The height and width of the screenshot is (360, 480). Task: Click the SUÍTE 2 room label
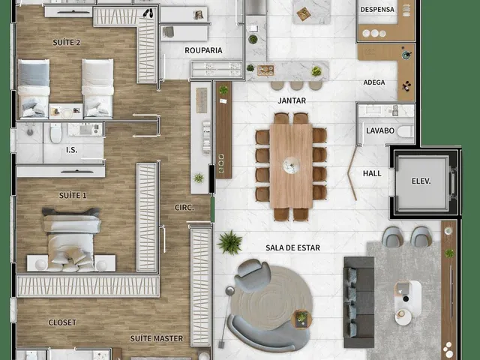pos(67,42)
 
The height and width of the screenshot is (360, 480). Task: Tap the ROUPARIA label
pos(203,50)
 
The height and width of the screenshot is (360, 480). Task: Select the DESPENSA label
pos(377,10)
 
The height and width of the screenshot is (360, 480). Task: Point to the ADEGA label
pos(374,82)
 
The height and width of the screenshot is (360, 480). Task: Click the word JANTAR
pos(292,100)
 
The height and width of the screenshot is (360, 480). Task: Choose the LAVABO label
pos(380,130)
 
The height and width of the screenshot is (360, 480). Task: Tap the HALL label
pos(372,173)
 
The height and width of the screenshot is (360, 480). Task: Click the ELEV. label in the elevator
pos(421,181)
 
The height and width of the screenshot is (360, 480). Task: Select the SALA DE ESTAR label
pos(292,247)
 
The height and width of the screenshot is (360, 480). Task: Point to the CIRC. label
pos(184,208)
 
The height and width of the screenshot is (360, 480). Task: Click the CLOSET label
pos(62,322)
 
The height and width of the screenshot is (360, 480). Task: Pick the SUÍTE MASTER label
pos(157,338)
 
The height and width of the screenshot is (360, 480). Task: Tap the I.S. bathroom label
pos(72,150)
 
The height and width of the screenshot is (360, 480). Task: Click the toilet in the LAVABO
pos(405,132)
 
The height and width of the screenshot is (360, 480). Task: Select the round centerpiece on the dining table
pos(291,166)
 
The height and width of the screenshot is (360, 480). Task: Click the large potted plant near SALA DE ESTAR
pos(230,242)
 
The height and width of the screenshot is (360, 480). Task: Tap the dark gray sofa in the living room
pos(358,302)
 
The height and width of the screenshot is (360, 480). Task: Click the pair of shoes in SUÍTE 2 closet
pos(148,13)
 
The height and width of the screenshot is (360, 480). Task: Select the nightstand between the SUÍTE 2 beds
pos(66,112)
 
